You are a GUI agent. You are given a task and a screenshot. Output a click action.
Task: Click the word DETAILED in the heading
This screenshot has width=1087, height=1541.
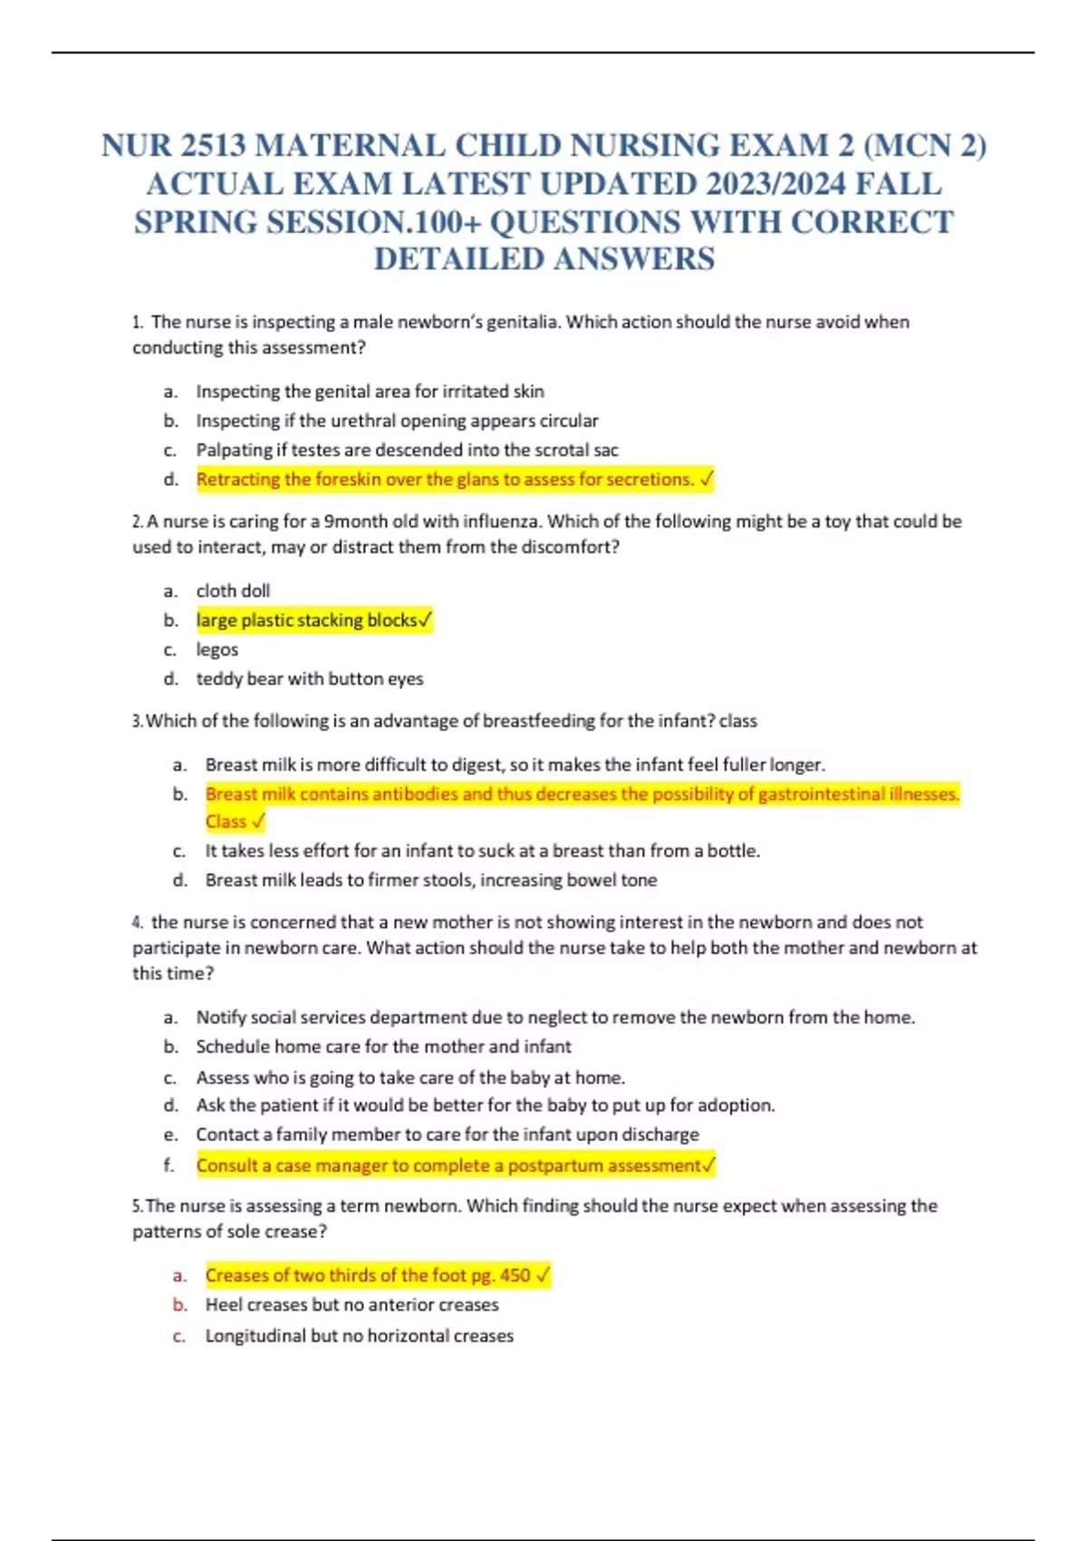458,259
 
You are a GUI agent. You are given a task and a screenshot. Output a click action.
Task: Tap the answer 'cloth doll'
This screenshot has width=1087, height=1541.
233,591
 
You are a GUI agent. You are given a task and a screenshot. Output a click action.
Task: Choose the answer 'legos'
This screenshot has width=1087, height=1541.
216,650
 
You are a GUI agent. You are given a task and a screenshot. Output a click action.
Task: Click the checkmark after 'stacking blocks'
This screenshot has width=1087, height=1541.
426,621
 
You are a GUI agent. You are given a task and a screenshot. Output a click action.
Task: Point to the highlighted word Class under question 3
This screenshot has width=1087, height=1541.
226,821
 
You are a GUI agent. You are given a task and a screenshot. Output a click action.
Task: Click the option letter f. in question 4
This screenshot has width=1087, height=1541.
168,1166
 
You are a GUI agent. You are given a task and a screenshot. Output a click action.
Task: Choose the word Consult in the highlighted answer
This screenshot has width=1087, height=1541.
226,1166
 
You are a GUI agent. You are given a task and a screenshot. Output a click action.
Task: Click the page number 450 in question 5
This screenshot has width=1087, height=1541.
515,1275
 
